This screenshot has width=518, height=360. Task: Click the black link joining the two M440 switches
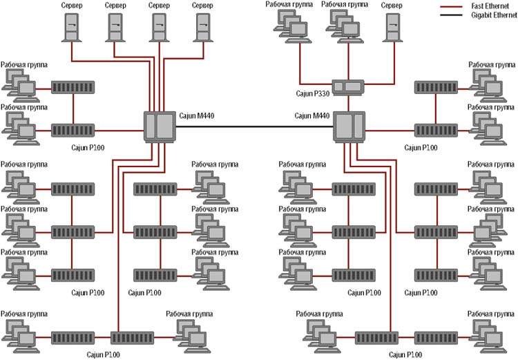pyautogui.click(x=256, y=126)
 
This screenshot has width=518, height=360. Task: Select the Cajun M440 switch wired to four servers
pyautogui.click(x=159, y=126)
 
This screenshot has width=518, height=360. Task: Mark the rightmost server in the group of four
pyautogui.click(x=202, y=28)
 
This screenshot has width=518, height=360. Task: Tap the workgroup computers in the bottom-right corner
pyautogui.click(x=488, y=336)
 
